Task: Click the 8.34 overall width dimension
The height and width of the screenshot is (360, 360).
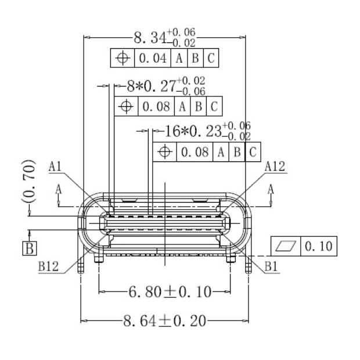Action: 150,39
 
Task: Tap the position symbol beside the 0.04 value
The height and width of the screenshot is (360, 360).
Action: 123,59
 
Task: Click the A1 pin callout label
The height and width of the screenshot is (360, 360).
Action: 56,167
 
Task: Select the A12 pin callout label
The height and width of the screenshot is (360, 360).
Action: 274,167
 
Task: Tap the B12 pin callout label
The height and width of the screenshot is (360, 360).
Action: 49,267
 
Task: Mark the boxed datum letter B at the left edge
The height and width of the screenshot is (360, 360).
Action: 28,249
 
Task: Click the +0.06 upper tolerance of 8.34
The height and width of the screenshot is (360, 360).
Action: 181,33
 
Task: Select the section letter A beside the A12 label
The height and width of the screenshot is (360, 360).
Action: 271,189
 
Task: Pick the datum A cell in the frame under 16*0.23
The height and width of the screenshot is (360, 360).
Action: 221,152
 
